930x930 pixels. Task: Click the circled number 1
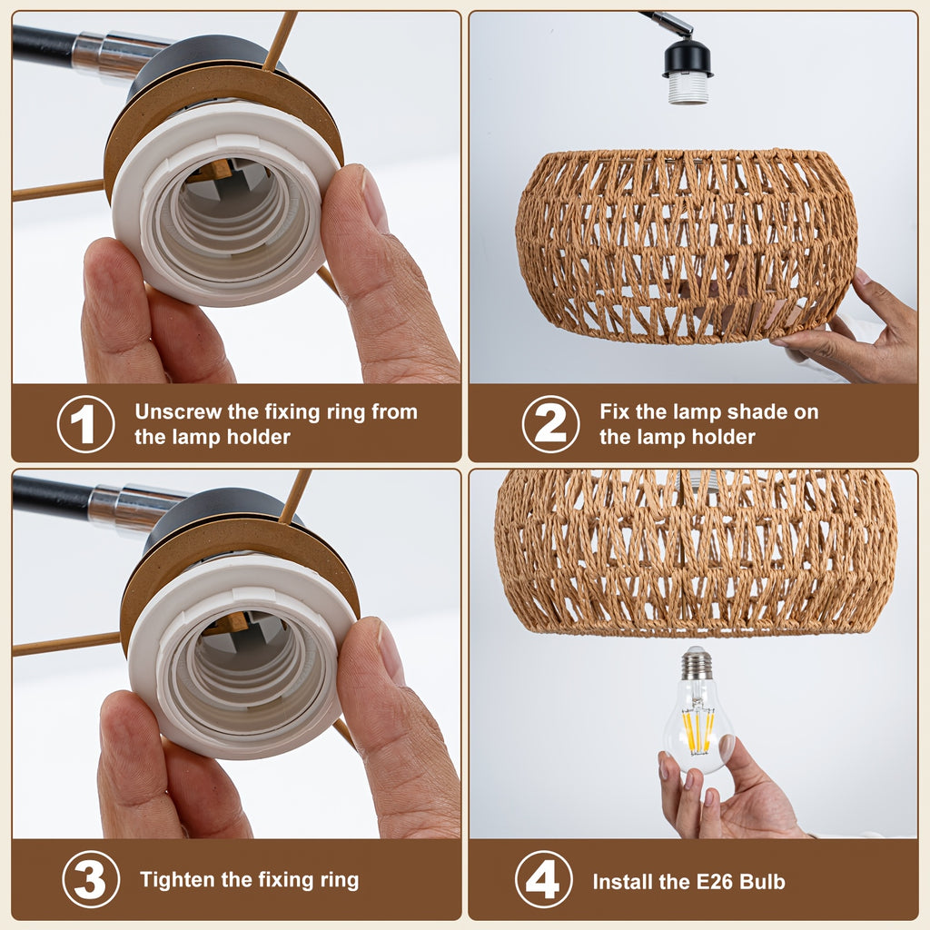coord(86,424)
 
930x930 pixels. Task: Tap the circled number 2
coord(551,424)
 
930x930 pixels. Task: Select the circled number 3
coord(91,879)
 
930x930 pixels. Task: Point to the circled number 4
coord(544,879)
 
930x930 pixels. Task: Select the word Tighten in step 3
coord(177,879)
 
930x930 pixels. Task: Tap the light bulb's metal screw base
coord(697,663)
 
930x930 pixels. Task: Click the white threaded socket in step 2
coord(688,89)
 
